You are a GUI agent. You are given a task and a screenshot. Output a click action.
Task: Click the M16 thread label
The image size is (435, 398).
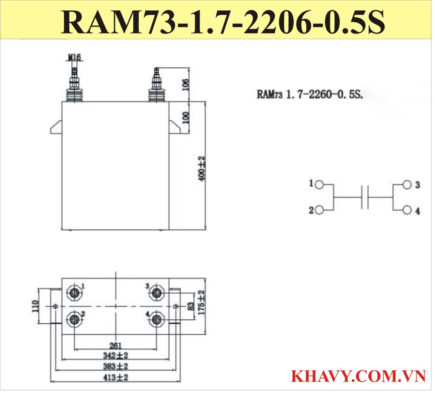74,57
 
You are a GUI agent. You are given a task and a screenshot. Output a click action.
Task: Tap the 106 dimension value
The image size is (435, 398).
186,85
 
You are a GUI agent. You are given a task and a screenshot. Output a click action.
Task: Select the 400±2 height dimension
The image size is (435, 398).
202,168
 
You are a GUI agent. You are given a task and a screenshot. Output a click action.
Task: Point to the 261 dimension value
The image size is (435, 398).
115,346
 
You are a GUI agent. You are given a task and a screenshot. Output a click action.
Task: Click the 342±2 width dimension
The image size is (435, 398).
115,356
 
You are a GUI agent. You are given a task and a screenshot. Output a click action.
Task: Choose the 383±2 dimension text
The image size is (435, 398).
115,366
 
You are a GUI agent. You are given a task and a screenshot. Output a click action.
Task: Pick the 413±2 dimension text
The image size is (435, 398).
115,378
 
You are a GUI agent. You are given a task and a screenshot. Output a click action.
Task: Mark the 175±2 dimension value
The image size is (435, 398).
201,302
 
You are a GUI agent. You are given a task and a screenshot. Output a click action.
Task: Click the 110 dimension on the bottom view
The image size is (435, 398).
35,306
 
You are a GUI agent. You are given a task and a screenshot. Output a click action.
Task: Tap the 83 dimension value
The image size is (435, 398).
191,306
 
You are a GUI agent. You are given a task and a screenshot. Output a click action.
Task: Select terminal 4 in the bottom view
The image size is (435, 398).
156,319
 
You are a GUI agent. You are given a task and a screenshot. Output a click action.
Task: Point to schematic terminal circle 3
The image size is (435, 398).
407,185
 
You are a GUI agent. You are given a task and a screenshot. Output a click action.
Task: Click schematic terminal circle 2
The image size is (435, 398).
319,210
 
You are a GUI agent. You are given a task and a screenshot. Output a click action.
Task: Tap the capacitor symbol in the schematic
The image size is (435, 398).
365,197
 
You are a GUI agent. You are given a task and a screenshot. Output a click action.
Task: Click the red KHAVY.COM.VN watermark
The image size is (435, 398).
358,376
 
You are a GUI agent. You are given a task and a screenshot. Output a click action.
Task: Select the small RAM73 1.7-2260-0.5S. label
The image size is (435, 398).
310,95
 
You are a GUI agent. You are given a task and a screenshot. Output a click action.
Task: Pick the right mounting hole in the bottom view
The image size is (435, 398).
176,306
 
